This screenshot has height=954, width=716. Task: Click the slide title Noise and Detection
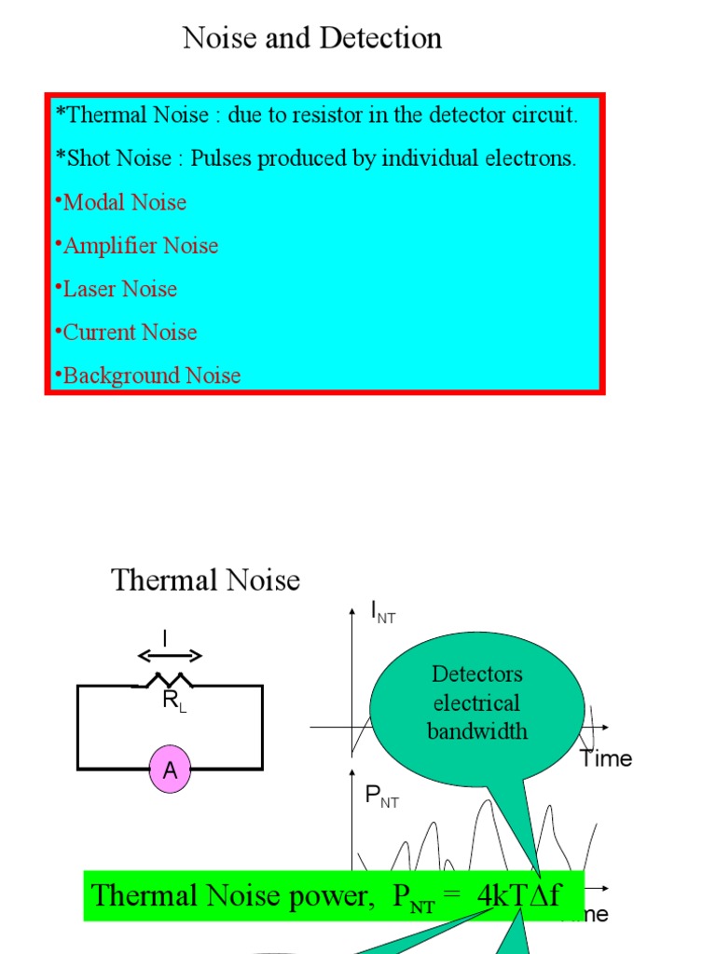(x=311, y=38)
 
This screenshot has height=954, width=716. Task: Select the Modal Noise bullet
(x=124, y=202)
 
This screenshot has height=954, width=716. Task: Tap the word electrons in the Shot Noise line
(x=530, y=158)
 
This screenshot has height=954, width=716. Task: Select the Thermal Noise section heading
(x=206, y=580)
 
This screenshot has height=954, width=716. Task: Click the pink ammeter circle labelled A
(x=170, y=770)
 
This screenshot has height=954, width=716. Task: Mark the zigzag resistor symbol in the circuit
(x=168, y=681)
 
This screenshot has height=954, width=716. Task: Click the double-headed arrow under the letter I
(x=169, y=655)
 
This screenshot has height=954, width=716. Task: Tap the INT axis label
(x=383, y=613)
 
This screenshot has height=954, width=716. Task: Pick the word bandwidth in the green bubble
(x=477, y=731)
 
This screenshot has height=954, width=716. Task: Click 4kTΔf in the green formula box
(x=518, y=896)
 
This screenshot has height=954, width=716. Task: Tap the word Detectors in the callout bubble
(x=477, y=674)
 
